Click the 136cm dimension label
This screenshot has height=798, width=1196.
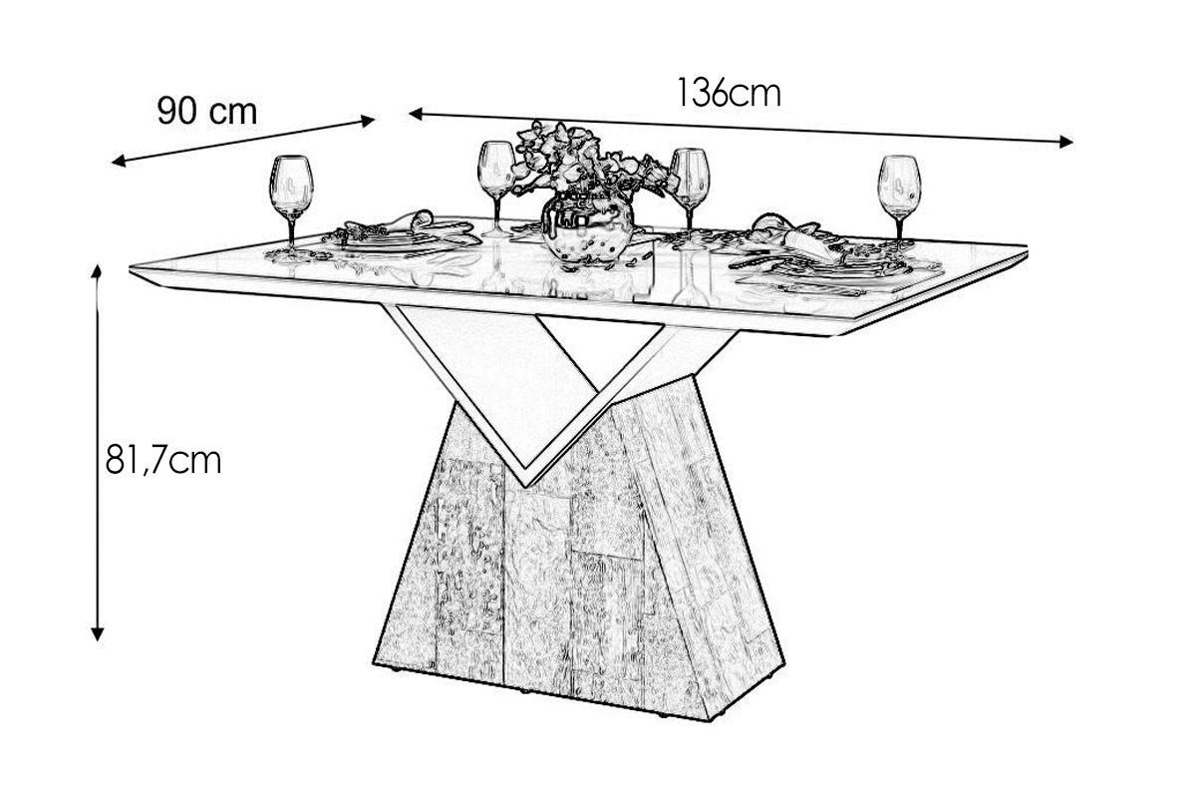[729, 93]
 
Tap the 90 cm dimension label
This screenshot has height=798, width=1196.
[207, 111]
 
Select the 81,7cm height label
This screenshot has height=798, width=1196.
[163, 460]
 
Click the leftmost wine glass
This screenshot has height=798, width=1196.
[291, 204]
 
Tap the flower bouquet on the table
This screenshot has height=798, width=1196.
[587, 161]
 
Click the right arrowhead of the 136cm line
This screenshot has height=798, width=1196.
[1065, 142]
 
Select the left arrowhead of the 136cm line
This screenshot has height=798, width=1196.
[416, 114]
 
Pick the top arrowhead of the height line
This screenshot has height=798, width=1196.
[97, 271]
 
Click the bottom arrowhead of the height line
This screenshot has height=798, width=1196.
[97, 633]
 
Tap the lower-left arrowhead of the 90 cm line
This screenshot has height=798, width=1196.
[118, 162]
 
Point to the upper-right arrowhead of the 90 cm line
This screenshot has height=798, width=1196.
[369, 121]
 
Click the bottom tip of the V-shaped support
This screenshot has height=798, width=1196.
[526, 486]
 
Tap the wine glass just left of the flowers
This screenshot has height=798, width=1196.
[496, 189]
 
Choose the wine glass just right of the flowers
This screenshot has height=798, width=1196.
[690, 193]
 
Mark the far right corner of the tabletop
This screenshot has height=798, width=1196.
[1027, 248]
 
